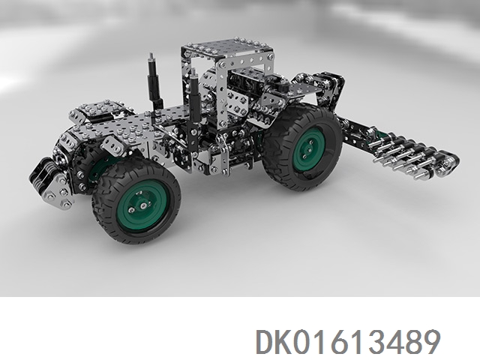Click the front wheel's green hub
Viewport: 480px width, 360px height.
(x=142, y=206)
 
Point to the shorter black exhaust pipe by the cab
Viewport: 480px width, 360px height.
(x=194, y=95)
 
